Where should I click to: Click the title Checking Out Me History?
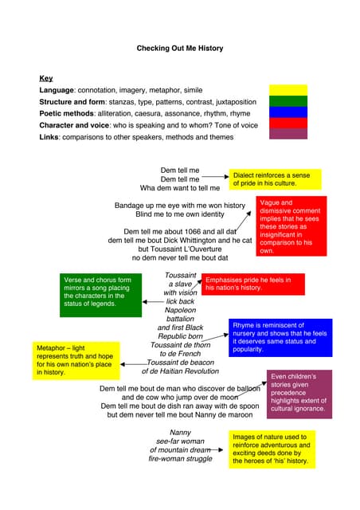point(180,49)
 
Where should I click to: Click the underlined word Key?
point(46,79)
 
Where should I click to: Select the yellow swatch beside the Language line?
point(288,90)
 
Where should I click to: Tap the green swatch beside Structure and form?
point(288,101)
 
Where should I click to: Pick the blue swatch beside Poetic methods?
point(288,112)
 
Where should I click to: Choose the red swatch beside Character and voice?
point(288,124)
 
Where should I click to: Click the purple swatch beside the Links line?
point(288,134)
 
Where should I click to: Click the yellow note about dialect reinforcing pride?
point(276,179)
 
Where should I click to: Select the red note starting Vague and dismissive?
point(292,226)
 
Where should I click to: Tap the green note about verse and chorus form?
point(101,296)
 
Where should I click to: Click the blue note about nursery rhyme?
point(280,337)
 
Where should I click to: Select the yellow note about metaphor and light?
point(76,360)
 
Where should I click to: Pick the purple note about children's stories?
point(298,394)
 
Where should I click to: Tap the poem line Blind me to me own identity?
point(180,214)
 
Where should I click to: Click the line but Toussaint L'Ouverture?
point(179,249)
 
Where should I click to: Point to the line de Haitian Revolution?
point(180,371)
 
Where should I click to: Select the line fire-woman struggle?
point(180,459)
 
